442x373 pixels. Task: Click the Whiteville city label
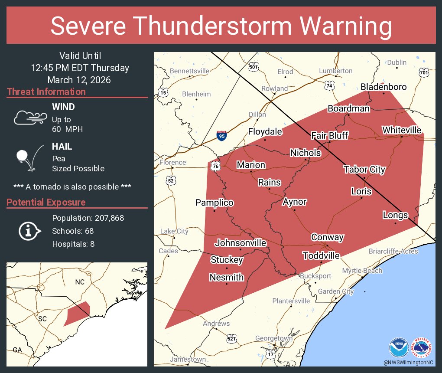401,130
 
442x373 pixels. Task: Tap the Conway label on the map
327,237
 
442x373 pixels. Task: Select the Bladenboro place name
383,87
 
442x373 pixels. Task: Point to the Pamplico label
214,203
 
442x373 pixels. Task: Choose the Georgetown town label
273,338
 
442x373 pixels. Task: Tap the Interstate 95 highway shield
222,136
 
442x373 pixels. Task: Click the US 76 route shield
215,166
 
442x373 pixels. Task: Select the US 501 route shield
254,67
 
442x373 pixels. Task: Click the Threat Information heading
46,92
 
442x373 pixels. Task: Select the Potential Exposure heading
46,203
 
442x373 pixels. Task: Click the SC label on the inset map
42,319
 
